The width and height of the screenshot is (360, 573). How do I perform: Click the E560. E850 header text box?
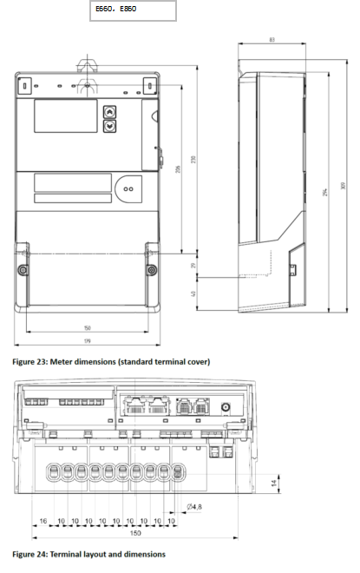[x=132, y=10]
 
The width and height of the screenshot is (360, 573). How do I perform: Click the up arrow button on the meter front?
[x=110, y=112]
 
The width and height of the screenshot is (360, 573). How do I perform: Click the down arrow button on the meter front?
[x=110, y=126]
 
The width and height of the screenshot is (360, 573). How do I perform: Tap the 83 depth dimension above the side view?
[x=272, y=40]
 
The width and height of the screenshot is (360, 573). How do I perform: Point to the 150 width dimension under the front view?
[x=87, y=328]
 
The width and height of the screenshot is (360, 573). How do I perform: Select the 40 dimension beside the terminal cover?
[x=193, y=293]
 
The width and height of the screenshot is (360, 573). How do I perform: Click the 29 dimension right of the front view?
[x=193, y=265]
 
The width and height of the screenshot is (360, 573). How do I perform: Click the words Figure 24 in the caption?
[x=32, y=553]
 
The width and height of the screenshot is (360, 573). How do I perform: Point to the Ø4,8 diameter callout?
[x=195, y=506]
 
